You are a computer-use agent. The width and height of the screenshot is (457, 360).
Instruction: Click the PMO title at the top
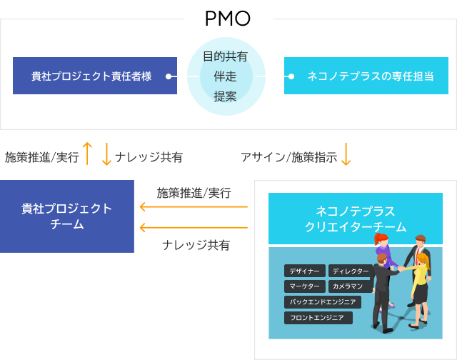(x=228, y=21)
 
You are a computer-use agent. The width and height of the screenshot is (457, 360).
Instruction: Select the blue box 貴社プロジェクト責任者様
(x=94, y=76)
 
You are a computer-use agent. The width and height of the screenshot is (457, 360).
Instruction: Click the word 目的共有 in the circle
(x=226, y=56)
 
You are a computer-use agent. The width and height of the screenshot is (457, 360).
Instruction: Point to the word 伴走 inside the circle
(x=226, y=76)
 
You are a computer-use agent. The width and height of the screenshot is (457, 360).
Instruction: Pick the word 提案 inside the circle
(x=226, y=96)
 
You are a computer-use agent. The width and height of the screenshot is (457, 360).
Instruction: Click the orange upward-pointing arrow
(x=88, y=154)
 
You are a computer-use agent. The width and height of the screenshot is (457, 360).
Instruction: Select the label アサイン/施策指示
(x=288, y=157)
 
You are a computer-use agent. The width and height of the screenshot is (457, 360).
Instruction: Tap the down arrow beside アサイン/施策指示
(x=346, y=154)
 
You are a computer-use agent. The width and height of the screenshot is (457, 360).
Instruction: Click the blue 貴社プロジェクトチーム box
(x=67, y=216)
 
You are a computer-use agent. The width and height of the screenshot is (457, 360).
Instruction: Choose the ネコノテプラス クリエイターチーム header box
(x=355, y=219)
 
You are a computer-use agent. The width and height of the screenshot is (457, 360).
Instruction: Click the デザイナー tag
(x=305, y=271)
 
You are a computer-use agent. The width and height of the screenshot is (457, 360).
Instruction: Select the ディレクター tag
(x=350, y=271)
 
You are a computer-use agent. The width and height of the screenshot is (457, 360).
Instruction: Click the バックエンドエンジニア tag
(x=323, y=302)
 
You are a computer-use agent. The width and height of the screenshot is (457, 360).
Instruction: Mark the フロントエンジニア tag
(x=318, y=318)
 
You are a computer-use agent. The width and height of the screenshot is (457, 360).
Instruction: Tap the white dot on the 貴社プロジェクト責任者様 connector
(x=169, y=76)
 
